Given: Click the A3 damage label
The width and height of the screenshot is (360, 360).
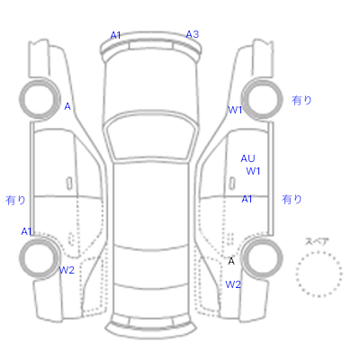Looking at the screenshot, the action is (x=193, y=34).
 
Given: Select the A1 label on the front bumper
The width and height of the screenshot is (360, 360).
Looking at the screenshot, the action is (x=115, y=35).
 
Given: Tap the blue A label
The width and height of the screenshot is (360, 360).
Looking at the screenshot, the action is (x=67, y=106).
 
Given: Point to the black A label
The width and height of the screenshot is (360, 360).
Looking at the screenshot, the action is (x=231, y=261).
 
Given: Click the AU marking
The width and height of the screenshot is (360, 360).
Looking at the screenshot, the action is (x=247, y=158).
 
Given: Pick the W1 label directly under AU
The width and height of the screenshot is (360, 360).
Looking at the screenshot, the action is (x=253, y=171).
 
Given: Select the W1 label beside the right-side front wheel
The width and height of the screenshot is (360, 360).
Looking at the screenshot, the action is (x=235, y=110).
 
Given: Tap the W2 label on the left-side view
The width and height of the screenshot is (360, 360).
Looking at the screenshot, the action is (x=67, y=270).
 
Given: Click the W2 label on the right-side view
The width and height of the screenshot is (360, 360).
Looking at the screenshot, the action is (x=233, y=284).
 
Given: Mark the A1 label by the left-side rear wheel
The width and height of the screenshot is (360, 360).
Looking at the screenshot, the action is (x=26, y=231).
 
